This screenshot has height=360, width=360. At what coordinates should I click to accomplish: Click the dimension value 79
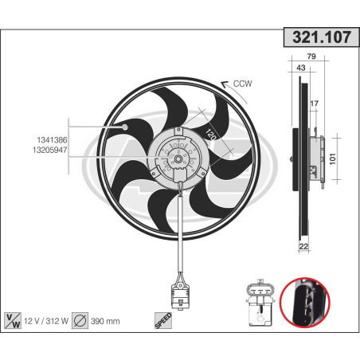[x=312, y=57]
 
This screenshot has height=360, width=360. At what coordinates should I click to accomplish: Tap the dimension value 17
[x=315, y=104]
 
